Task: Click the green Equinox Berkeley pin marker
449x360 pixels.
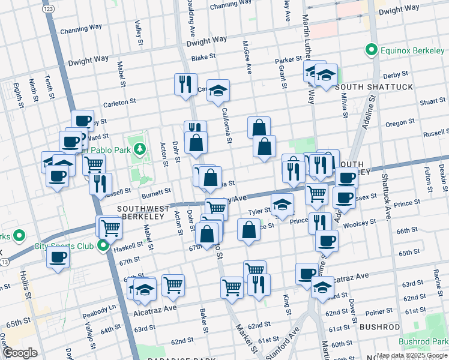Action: [x=372, y=50]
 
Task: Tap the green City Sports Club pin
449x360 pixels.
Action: [x=103, y=245]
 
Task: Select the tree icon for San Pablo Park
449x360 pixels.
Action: [x=140, y=148]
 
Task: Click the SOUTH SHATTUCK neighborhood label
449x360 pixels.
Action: [x=375, y=87]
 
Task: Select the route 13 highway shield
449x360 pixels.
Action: [x=5, y=263]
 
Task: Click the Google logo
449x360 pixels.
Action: [x=20, y=352]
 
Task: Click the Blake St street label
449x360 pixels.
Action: [x=203, y=59]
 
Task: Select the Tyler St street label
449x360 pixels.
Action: [x=260, y=212]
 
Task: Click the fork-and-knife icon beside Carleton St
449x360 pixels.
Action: [x=185, y=83]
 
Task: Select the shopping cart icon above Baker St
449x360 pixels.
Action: [x=173, y=285]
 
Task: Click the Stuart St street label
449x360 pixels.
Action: [x=432, y=102]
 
